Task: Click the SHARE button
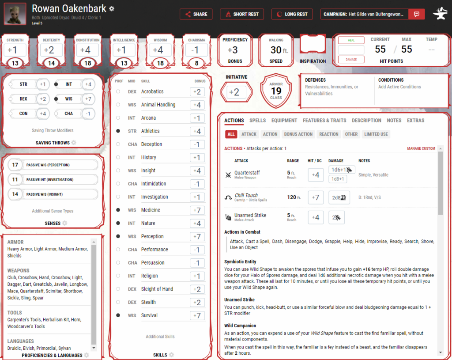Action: (196, 14)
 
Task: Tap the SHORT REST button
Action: (241, 14)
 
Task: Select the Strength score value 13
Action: (15, 63)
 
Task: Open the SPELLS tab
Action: (257, 120)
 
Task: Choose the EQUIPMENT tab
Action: (284, 120)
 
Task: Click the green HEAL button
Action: (351, 40)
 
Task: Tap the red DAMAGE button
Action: (351, 59)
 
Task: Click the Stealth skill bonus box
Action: (197, 303)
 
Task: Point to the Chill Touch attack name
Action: (246, 195)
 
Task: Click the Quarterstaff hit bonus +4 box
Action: (316, 175)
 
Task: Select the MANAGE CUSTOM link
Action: (421, 148)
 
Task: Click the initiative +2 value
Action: (236, 92)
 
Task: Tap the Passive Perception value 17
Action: (15, 165)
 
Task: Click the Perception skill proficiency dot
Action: (118, 236)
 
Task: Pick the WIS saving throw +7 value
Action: (89, 99)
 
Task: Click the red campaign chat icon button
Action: (416, 14)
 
